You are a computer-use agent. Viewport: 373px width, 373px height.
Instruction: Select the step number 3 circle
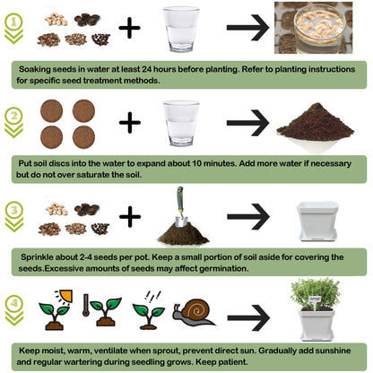[x=13, y=212]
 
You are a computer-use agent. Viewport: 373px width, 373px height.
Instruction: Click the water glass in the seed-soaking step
[x=181, y=30]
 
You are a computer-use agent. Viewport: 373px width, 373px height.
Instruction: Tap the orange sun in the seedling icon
[x=64, y=296]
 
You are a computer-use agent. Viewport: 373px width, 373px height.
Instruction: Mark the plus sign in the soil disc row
[x=130, y=123]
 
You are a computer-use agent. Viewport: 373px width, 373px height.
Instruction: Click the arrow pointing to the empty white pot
[x=247, y=216]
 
